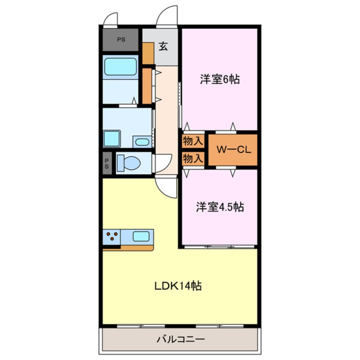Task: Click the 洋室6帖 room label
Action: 219,80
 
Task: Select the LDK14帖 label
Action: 177,286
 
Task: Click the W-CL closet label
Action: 233,150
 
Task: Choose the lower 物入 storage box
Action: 193,158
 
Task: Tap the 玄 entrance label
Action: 163,46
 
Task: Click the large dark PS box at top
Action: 121,40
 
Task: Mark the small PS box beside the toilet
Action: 107,163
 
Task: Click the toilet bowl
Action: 130,163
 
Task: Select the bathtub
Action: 121,66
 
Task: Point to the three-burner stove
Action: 112,236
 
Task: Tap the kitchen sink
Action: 141,236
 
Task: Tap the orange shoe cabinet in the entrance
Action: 148,53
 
